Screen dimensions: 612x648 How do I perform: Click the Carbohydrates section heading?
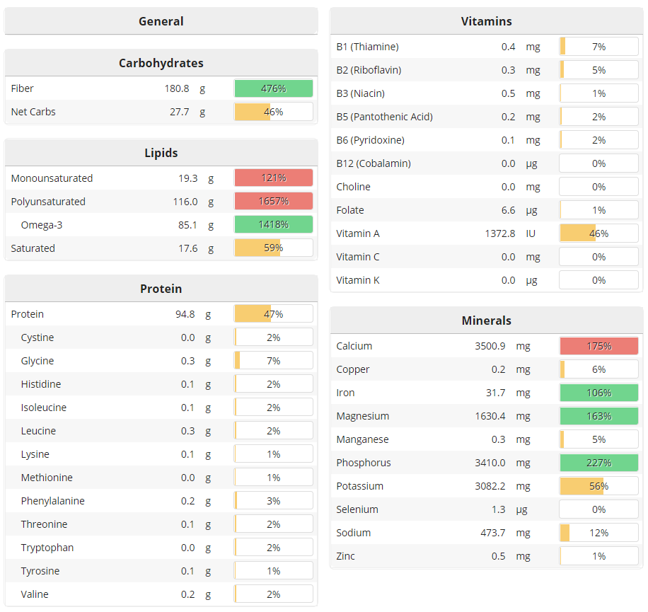(161, 63)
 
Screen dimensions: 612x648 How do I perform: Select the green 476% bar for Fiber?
(273, 88)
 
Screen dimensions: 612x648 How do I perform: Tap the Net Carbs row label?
(33, 112)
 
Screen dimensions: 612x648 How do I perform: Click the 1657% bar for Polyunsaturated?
(273, 202)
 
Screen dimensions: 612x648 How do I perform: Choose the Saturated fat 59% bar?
(273, 248)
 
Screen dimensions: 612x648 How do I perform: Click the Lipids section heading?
(161, 153)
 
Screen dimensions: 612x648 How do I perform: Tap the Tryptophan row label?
(47, 548)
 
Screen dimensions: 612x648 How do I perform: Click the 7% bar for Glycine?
(273, 361)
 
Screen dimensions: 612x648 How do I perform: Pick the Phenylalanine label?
(52, 501)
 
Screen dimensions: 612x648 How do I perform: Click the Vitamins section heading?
(486, 21)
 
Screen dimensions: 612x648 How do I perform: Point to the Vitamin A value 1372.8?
(496, 233)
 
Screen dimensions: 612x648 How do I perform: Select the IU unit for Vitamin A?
(532, 233)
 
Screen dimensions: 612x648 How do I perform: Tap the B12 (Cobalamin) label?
(374, 163)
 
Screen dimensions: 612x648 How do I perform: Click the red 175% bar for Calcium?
(598, 346)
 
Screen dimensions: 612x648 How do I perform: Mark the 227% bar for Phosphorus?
(598, 463)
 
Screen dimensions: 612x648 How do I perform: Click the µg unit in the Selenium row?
(531, 509)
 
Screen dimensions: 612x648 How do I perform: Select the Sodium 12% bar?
(598, 533)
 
